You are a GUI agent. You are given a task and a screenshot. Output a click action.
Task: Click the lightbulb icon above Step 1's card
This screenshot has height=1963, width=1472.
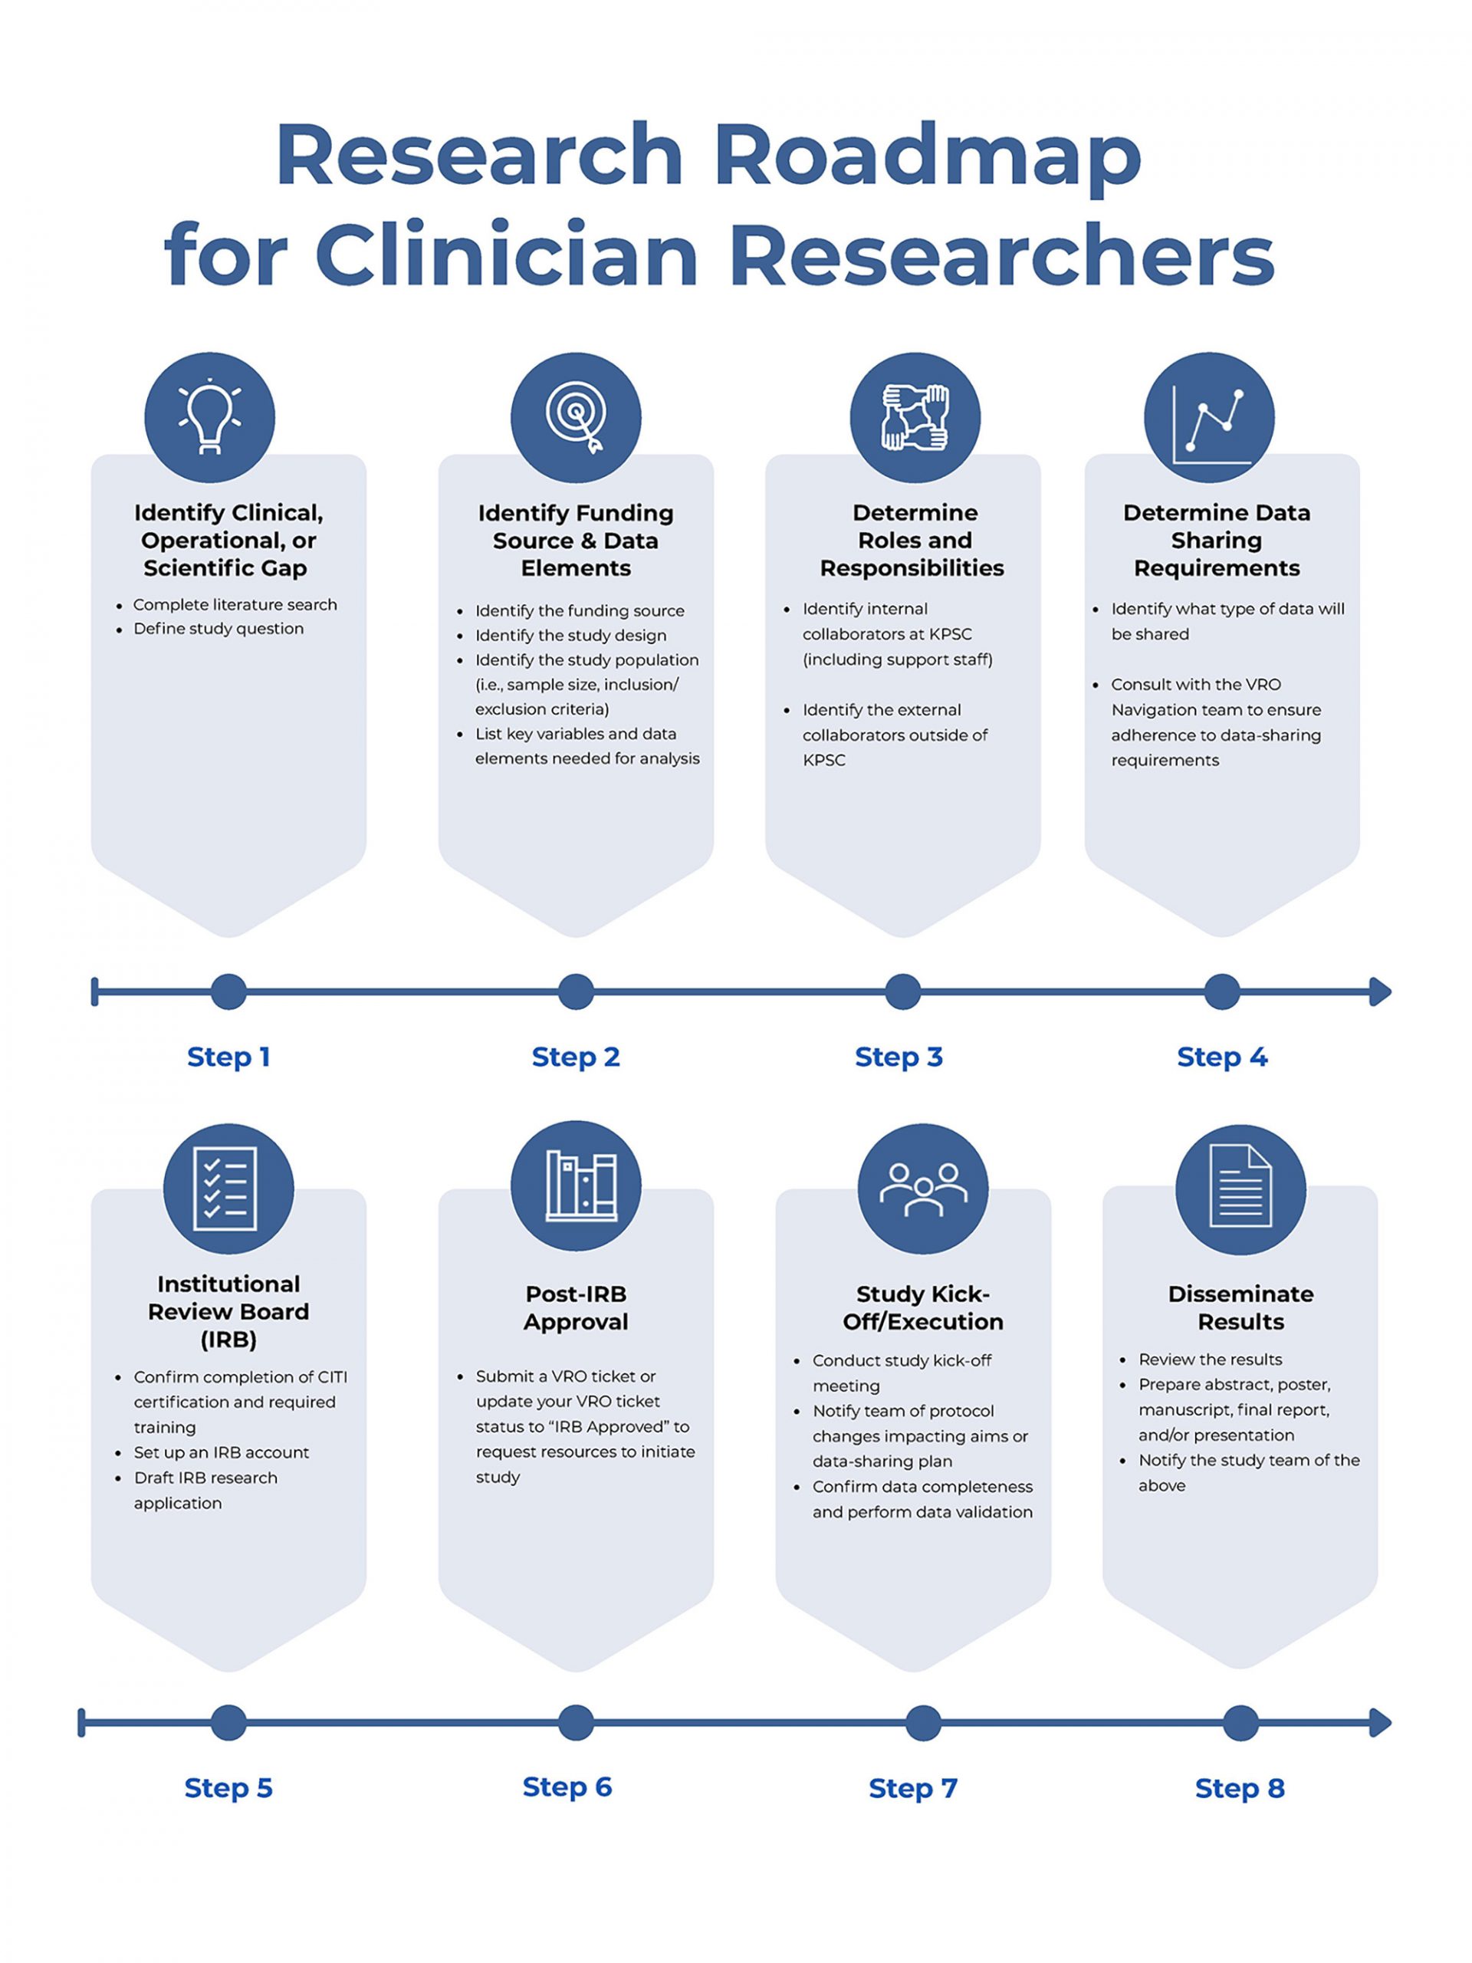[x=209, y=417]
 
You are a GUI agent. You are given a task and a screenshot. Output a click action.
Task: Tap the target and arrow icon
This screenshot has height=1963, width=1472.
[x=576, y=417]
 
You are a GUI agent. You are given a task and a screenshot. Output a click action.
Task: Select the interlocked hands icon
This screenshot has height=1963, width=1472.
[x=915, y=417]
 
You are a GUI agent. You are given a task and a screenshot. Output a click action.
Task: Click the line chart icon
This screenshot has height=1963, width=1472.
[x=1208, y=417]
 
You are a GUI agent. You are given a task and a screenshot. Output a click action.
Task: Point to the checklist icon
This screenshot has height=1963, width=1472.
[x=228, y=1189]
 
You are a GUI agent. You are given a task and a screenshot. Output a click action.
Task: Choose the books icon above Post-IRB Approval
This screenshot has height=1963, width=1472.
[x=576, y=1186]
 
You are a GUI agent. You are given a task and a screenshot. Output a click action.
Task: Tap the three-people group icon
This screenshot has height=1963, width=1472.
[x=923, y=1189]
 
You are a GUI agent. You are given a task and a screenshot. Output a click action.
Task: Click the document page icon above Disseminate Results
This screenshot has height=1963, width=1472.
[x=1240, y=1189]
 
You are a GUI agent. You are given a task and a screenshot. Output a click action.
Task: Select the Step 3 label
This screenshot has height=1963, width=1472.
[x=898, y=1057]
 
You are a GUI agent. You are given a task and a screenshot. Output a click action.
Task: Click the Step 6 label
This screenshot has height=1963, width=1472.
[x=567, y=1787]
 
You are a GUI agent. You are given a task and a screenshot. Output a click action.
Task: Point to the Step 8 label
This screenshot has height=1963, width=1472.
[x=1240, y=1788]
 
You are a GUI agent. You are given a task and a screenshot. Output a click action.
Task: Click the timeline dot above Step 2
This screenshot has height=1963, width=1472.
[x=576, y=991]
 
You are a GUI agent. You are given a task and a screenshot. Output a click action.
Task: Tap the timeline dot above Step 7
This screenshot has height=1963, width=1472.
[x=923, y=1722]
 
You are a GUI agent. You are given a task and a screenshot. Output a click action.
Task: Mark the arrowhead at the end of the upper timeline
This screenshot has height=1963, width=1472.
[x=1380, y=991]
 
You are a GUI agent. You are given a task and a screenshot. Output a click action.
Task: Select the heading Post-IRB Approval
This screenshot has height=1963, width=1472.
[x=576, y=1307]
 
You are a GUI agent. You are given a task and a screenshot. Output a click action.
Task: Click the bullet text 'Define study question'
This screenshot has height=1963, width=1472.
[x=219, y=628]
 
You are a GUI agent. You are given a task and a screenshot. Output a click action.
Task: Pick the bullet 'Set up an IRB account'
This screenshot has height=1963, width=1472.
[x=221, y=1452]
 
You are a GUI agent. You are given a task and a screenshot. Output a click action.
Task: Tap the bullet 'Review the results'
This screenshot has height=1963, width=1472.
[x=1211, y=1359]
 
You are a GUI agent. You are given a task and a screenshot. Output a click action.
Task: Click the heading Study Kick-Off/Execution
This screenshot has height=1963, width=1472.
[x=923, y=1307]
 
